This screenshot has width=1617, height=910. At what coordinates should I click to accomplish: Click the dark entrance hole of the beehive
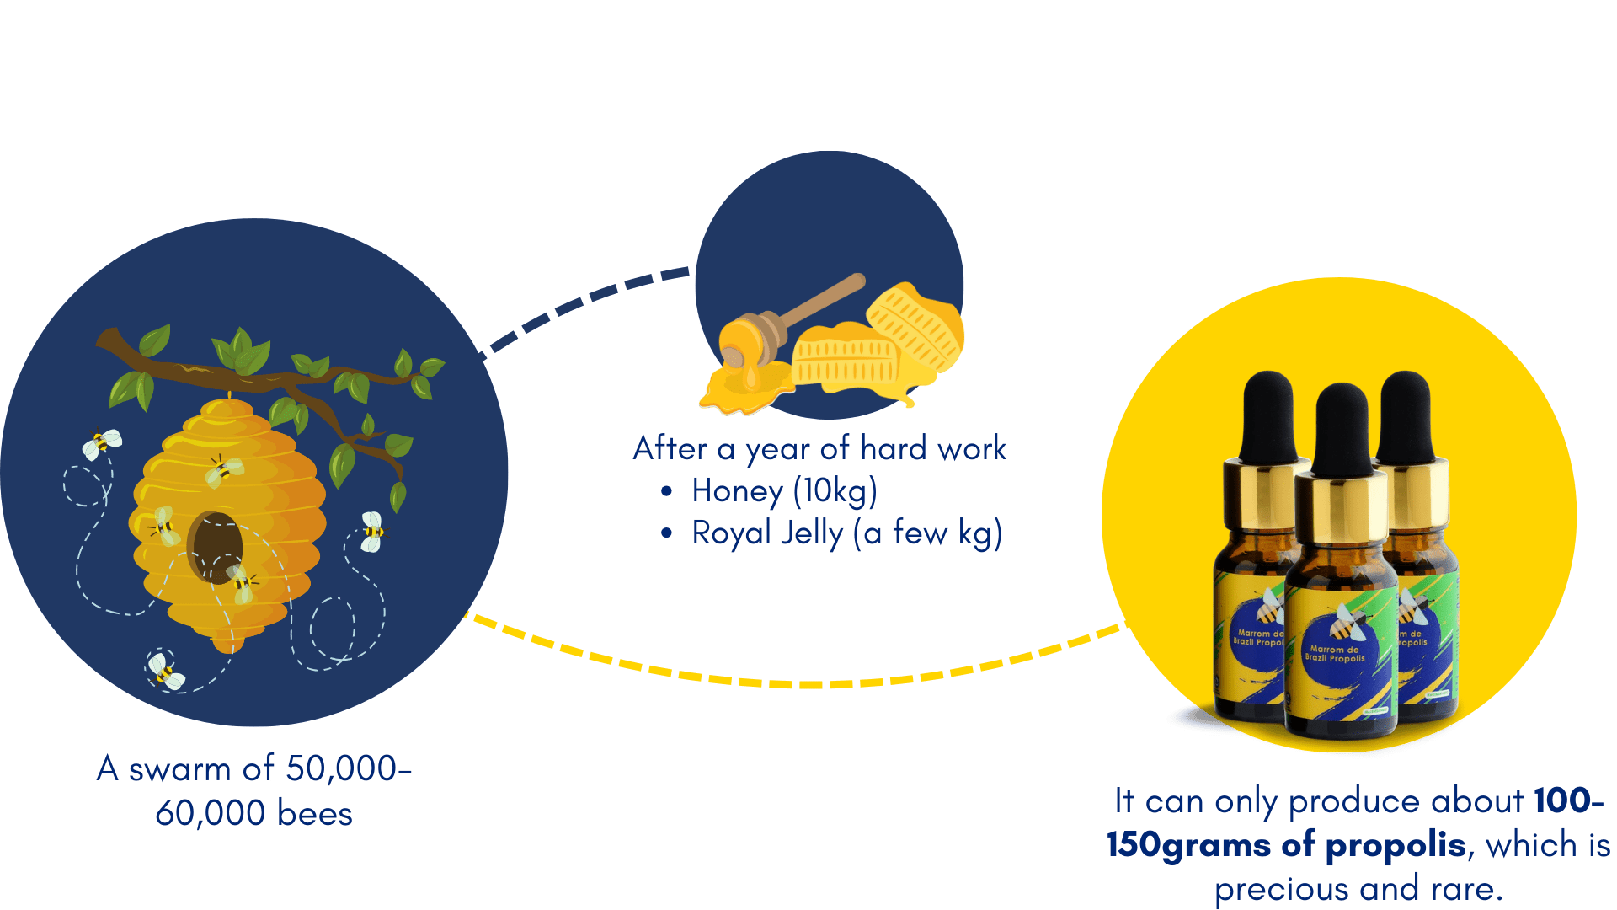215,547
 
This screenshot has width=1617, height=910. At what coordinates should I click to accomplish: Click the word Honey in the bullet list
737,491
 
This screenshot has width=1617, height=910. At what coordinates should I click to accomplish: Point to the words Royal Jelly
766,533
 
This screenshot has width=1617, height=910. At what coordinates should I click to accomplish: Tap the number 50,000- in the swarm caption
348,768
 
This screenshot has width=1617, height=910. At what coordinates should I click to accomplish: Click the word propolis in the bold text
1396,845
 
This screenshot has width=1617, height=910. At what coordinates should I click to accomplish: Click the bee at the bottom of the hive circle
165,672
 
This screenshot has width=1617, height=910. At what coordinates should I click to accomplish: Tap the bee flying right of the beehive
371,532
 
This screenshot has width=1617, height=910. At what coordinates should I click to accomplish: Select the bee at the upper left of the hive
101,442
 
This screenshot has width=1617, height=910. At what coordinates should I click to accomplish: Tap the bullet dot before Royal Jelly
667,533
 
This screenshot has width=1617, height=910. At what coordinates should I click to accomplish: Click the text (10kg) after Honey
835,491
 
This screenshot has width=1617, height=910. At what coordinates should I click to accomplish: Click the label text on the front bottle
1335,654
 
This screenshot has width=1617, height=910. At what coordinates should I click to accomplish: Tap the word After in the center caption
670,448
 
